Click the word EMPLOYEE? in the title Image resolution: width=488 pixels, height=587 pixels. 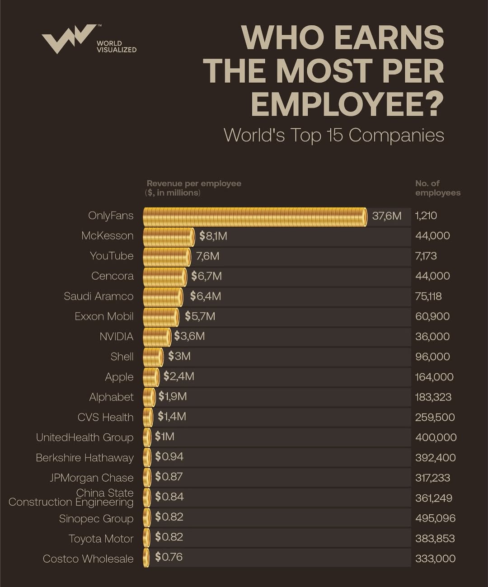pos(347,104)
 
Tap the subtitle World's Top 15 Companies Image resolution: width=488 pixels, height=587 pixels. pos(333,135)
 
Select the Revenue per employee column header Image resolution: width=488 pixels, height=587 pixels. pos(194,188)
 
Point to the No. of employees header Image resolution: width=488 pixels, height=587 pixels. pos(437,188)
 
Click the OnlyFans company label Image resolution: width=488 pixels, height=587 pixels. pos(111,216)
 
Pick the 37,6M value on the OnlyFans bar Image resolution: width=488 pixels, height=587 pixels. pos(386,216)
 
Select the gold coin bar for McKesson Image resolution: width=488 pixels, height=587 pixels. pos(169,236)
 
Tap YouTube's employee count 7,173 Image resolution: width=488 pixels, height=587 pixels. pos(426,256)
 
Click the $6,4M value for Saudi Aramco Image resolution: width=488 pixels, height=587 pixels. pos(206,296)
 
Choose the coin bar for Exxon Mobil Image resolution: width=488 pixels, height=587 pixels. pos(161,317)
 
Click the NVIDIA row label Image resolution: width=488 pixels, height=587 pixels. pos(117,337)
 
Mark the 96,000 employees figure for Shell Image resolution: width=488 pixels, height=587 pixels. pos(432,357)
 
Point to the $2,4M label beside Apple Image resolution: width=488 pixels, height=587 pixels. pos(179,376)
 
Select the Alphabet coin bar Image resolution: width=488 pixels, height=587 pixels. pos(149,397)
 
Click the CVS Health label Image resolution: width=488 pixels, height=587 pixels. pos(105,417)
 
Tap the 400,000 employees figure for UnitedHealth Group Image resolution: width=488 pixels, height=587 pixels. pos(436,437)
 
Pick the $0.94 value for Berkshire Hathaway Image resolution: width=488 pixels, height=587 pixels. pos(169,456)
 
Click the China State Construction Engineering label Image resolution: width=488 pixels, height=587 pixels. pos(71,498)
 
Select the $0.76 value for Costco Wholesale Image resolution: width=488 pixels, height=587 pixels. pos(169,557)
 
